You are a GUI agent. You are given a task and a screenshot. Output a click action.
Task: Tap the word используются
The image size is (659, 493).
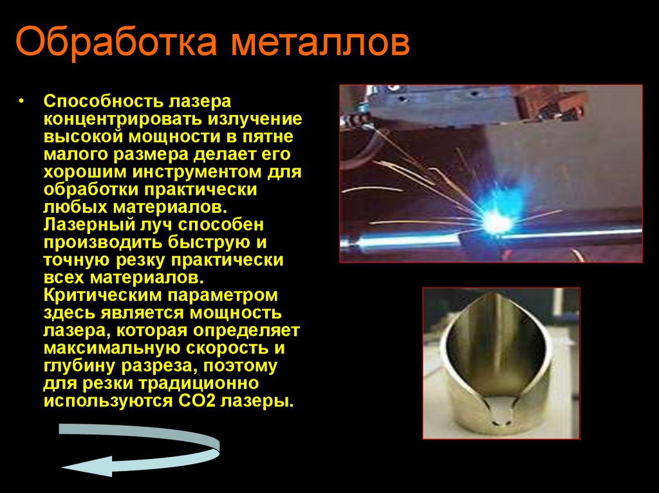[x=106, y=402]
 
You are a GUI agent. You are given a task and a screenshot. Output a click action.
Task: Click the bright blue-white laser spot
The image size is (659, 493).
[x=499, y=222]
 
